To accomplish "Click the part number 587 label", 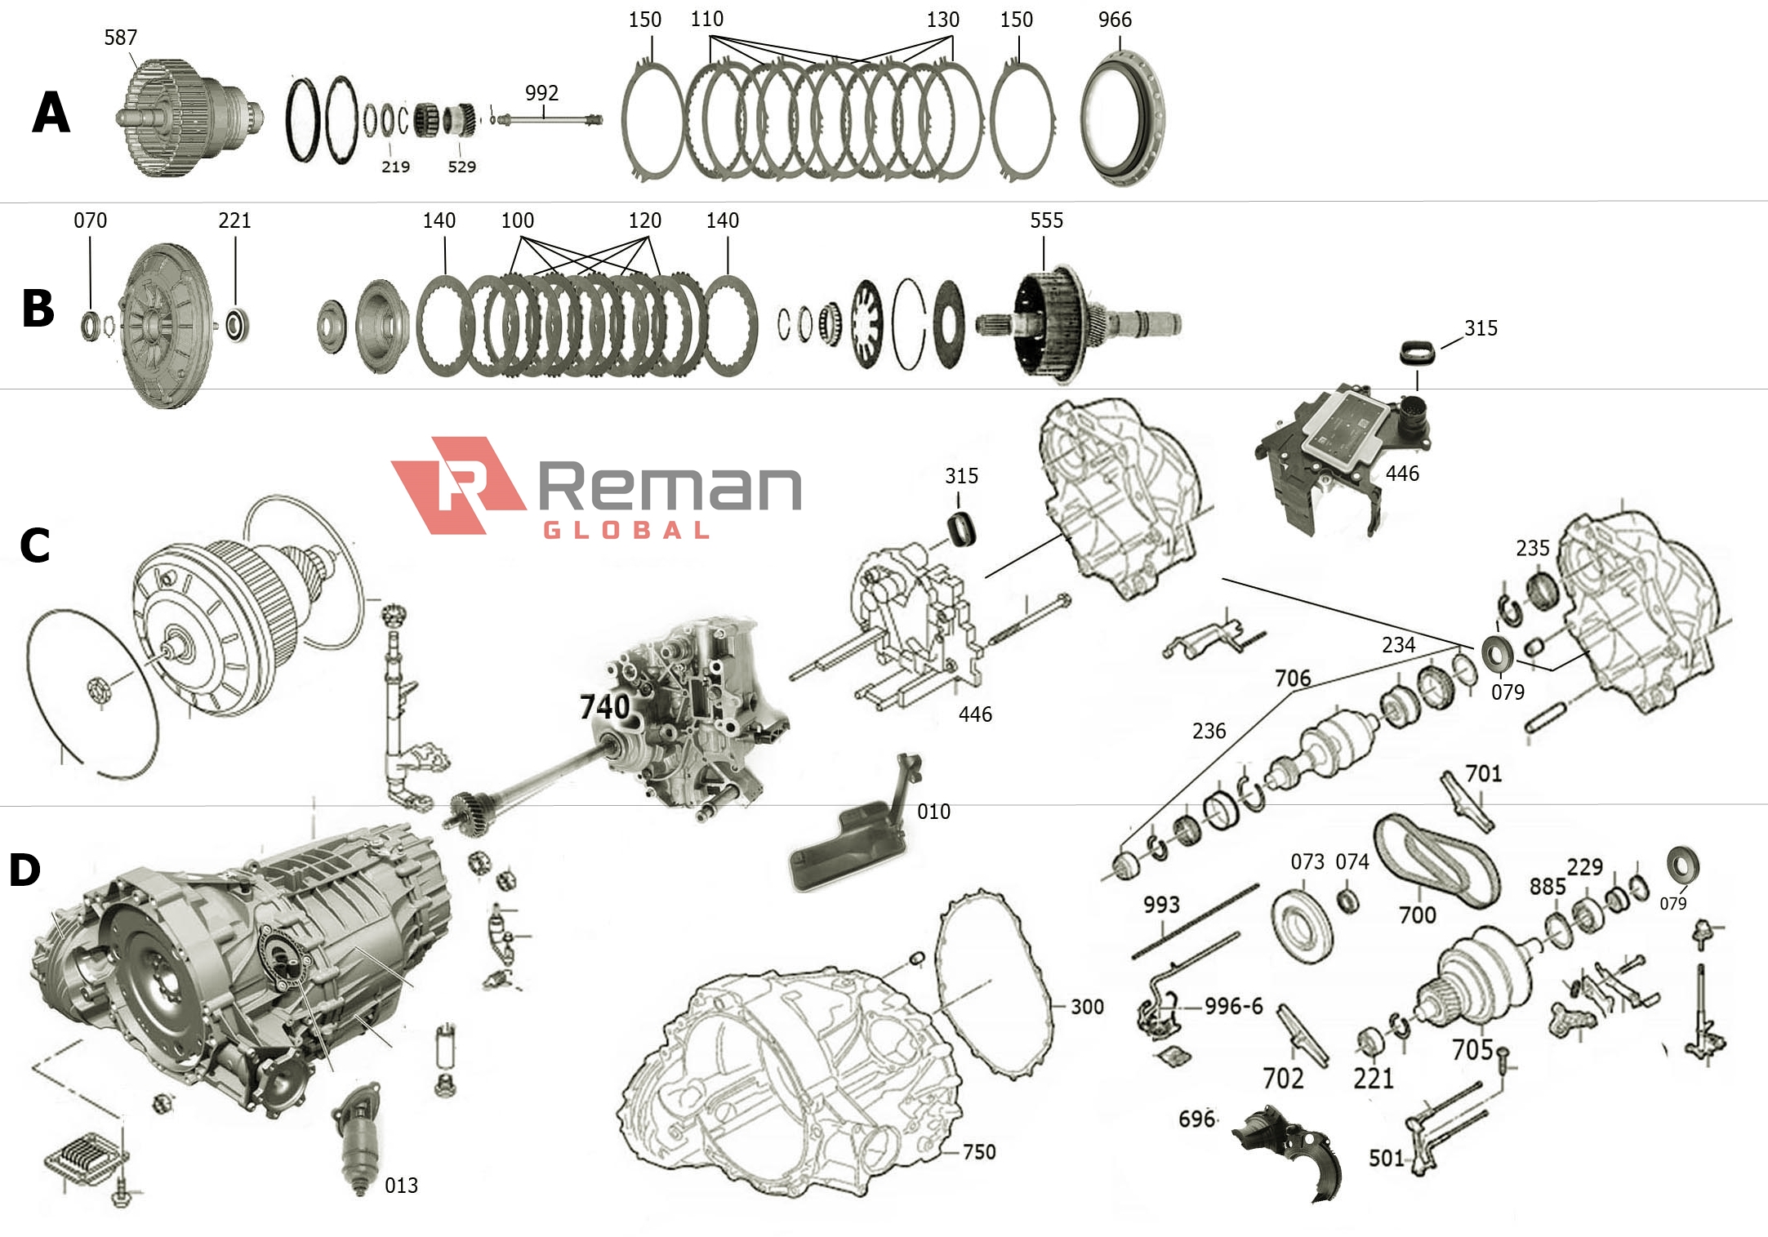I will tap(120, 38).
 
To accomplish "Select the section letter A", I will tap(51, 113).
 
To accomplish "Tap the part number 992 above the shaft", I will tap(541, 93).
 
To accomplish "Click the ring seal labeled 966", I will tap(1122, 118).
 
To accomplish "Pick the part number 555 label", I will tap(1046, 220).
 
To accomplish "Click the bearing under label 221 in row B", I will tap(237, 325).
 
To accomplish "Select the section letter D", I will tap(24, 870).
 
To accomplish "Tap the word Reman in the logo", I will tap(669, 487).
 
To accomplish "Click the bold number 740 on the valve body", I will tap(604, 707).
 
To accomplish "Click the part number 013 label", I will tap(401, 1186).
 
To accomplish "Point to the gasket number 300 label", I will tap(1087, 1007).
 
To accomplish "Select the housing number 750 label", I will tap(979, 1152).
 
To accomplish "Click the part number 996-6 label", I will tap(1233, 1006).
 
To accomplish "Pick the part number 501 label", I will tap(1386, 1158).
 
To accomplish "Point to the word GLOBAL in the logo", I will tap(626, 531).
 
